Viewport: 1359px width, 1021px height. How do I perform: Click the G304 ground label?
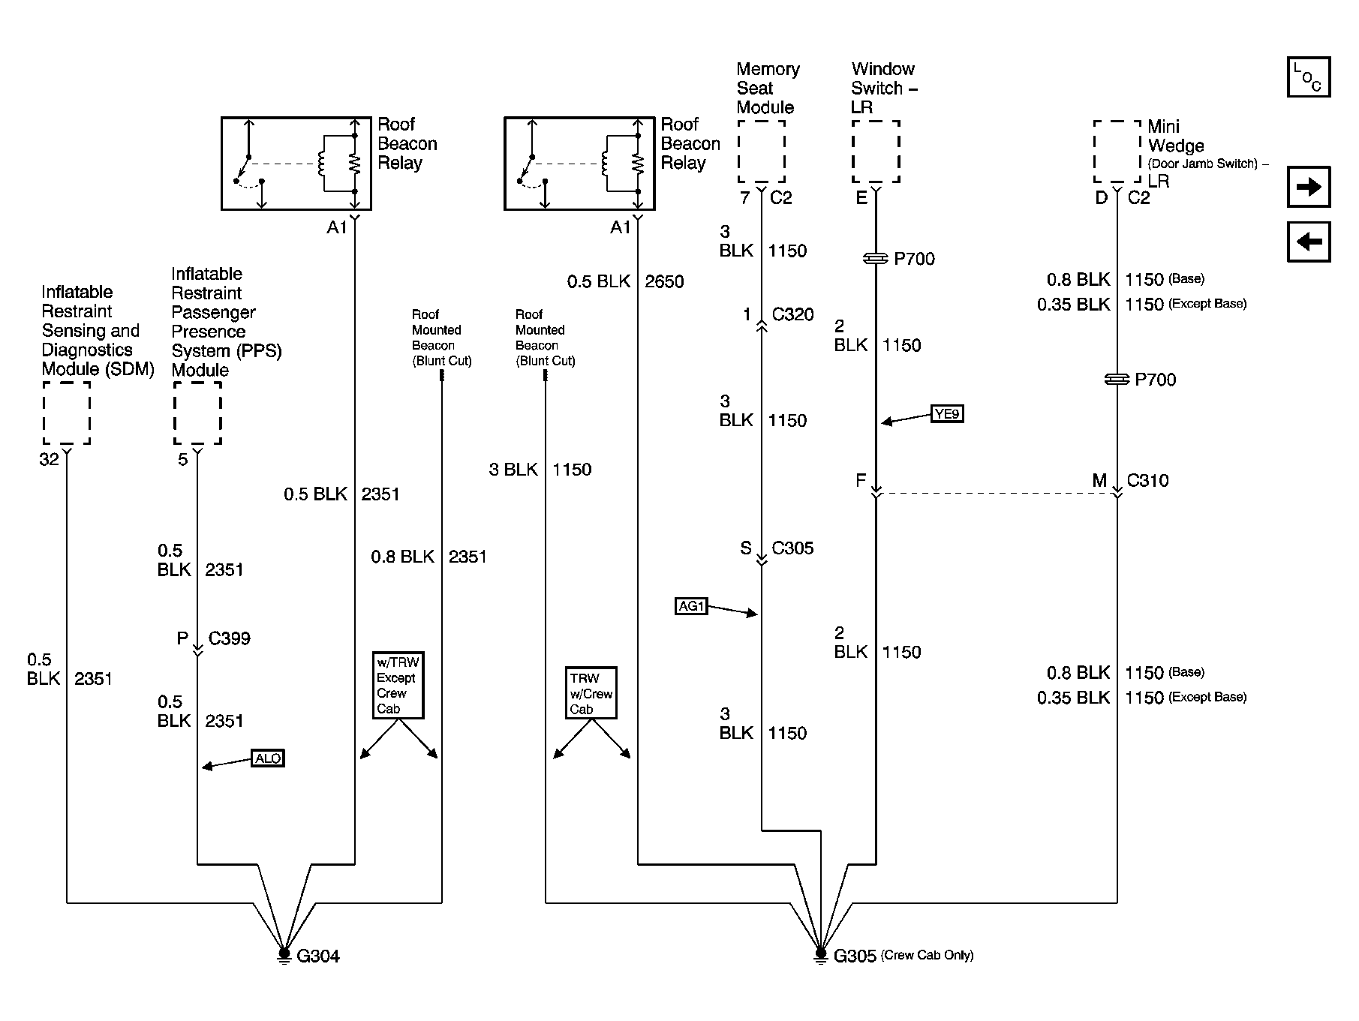pos(318,956)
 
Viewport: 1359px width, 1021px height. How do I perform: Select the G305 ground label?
pos(855,956)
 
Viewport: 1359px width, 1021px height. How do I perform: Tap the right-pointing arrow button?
pos(1309,187)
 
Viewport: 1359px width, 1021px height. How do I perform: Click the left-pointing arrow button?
pos(1309,242)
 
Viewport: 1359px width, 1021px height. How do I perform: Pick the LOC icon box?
pos(1309,77)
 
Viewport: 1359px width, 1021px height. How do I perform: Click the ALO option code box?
pos(268,758)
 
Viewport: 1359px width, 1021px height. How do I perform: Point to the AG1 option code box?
pos(691,606)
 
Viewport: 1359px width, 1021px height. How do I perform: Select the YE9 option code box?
pos(947,413)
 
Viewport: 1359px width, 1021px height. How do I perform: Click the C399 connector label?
pos(229,638)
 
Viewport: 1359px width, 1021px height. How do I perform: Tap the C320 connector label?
pos(792,314)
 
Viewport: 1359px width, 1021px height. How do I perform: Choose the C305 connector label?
pos(792,548)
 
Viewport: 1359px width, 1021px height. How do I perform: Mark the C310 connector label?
pos(1147,481)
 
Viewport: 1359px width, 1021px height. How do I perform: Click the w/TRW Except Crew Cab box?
pos(398,686)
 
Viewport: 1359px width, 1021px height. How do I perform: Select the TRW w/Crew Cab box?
pos(591,693)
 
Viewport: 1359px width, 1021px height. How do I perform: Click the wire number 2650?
pos(664,282)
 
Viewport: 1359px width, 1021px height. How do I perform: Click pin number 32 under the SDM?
pos(49,459)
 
